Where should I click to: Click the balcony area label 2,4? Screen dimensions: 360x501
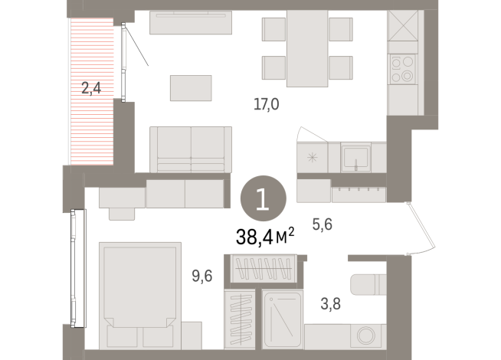click(x=91, y=88)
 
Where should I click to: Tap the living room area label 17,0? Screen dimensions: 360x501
click(x=265, y=105)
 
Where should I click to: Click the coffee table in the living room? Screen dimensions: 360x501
click(x=191, y=87)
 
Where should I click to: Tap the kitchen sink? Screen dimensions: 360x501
click(x=356, y=158)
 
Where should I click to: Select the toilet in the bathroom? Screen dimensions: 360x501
click(x=368, y=285)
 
